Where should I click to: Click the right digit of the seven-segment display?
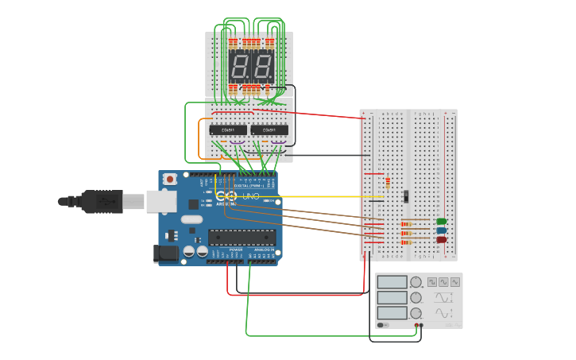[263, 67]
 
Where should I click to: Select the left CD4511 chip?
[228, 130]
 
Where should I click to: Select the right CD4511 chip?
[269, 130]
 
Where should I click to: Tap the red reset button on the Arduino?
[170, 180]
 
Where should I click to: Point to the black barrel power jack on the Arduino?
[164, 254]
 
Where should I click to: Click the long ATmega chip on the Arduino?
[242, 235]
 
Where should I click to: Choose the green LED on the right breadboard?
[442, 221]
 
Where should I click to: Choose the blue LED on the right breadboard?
[442, 230]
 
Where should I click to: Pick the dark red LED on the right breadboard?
[442, 239]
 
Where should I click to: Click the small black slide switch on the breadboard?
[406, 195]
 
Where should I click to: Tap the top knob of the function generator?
[416, 282]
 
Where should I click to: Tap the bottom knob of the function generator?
[416, 313]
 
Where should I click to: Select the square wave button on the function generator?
[432, 281]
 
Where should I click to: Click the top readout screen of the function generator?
[392, 282]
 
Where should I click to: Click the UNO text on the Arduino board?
[250, 196]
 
